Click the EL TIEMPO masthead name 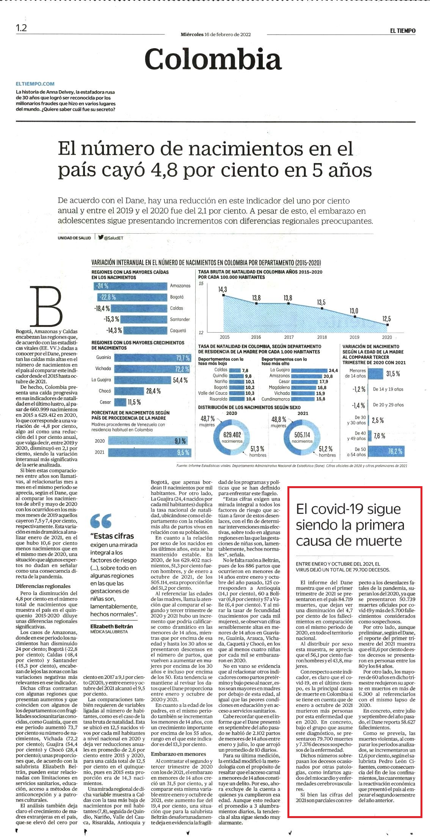pyautogui.click(x=403, y=31)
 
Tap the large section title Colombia pyautogui.click(x=213, y=59)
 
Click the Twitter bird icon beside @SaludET pyautogui.click(x=100, y=237)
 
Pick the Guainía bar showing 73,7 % pyautogui.click(x=152, y=358)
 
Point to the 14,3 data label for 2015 pyautogui.click(x=222, y=289)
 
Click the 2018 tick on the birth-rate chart pyautogui.click(x=322, y=337)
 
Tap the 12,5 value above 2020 pyautogui.click(x=386, y=319)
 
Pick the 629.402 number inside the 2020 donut pyautogui.click(x=232, y=435)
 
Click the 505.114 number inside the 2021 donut pyautogui.click(x=302, y=435)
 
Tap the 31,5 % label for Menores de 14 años pyautogui.click(x=393, y=374)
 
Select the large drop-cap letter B pyautogui.click(x=46, y=307)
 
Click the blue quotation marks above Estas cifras pyautogui.click(x=101, y=521)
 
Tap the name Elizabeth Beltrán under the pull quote pyautogui.click(x=111, y=626)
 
